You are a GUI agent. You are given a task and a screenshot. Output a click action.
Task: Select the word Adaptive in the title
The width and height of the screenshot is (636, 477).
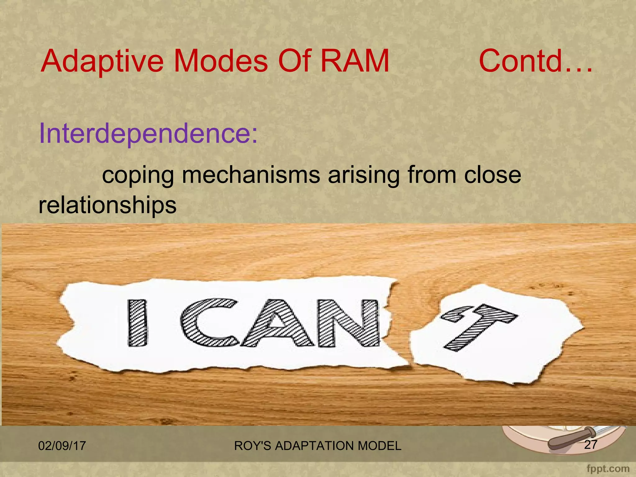pos(102,61)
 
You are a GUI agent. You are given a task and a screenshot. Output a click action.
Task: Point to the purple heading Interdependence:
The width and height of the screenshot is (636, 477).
pos(148,134)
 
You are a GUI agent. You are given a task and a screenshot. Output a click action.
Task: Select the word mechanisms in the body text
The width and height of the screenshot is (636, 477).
pos(251,175)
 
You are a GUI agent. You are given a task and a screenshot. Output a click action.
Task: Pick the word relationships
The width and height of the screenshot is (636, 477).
pos(107,206)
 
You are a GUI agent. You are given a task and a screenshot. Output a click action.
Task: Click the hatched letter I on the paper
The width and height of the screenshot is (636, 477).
pos(137,323)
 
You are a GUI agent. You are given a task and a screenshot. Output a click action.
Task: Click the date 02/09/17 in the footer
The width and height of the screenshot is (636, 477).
pos(62,446)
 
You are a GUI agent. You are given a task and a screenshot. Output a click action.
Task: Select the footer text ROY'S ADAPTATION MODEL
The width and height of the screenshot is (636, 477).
pos(318,446)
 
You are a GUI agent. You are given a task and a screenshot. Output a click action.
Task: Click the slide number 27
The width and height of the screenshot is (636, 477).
pos(590,445)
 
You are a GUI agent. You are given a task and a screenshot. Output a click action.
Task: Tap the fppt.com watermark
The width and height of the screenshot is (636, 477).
pos(608,469)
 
